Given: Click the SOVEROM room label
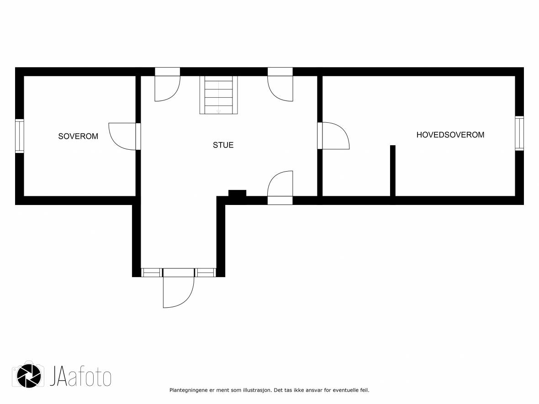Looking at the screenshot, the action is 78,136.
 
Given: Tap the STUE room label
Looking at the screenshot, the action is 223,145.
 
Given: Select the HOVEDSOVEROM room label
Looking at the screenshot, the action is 450,135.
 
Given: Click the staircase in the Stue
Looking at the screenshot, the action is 219,95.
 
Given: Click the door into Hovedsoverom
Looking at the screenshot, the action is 333,136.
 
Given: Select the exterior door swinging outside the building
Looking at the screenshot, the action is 179,288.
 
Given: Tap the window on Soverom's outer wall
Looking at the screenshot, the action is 20,136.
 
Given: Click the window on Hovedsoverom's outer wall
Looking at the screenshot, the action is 519,133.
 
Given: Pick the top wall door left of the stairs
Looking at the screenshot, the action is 167,84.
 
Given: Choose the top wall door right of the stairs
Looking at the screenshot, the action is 280,84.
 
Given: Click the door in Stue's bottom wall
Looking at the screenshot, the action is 280,188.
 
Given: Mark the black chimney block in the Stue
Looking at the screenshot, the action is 237,194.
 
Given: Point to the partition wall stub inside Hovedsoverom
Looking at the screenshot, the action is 392,171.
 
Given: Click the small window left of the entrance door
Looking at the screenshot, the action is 151,273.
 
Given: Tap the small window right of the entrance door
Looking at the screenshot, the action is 206,273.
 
